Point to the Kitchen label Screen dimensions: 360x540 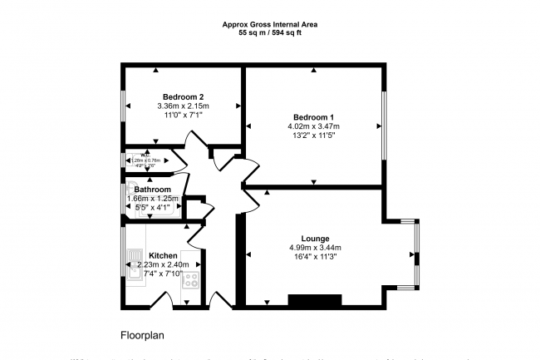click(x=163, y=254)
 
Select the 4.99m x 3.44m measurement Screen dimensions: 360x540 click(x=315, y=247)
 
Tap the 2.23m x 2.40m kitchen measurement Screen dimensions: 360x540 click(x=163, y=264)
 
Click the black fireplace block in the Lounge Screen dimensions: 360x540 click(x=314, y=300)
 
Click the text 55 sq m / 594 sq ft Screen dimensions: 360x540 click(x=270, y=33)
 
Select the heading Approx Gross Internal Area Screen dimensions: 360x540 click(x=270, y=24)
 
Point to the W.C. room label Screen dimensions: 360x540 click(x=146, y=155)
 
